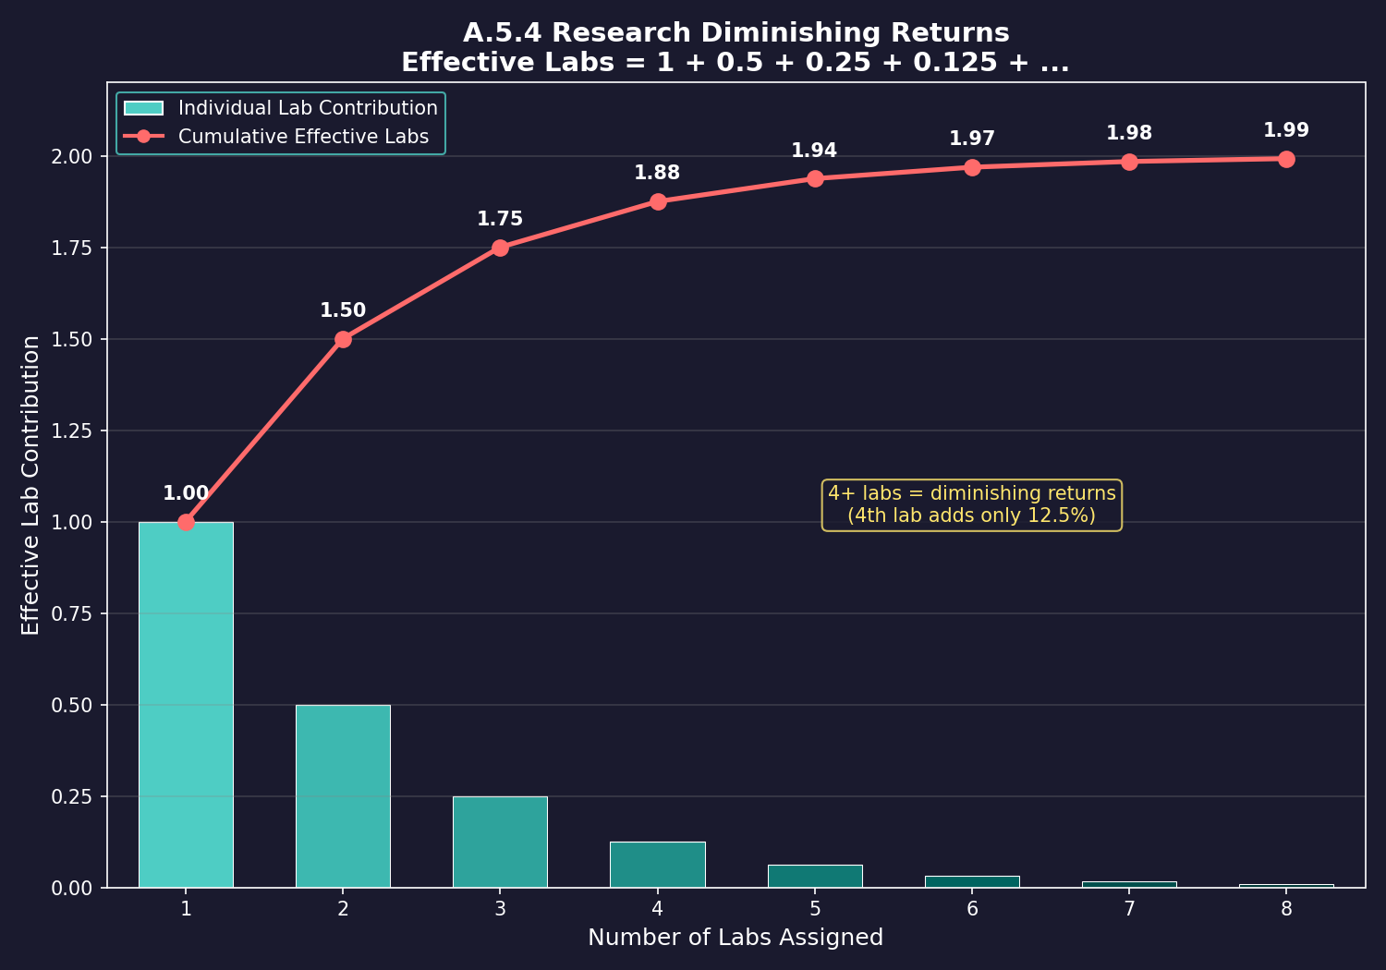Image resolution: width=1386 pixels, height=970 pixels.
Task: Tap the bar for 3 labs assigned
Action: click(500, 842)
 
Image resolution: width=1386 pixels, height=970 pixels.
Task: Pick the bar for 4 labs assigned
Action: click(657, 865)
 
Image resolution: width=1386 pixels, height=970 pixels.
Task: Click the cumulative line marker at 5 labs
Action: click(815, 178)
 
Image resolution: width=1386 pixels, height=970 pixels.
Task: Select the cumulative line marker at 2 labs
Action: click(343, 339)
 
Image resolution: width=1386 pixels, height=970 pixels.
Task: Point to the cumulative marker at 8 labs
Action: click(1286, 159)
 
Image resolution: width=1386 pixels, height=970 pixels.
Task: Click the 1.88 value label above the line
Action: click(657, 173)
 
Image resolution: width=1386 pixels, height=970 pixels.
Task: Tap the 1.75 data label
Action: click(500, 219)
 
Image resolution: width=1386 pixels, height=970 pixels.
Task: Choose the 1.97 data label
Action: click(972, 139)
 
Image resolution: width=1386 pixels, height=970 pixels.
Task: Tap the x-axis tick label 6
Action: click(972, 909)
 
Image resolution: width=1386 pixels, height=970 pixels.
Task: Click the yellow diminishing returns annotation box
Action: click(971, 504)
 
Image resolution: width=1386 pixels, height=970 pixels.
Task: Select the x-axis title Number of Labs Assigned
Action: click(736, 938)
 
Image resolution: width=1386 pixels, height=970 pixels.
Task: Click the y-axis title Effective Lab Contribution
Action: click(31, 485)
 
